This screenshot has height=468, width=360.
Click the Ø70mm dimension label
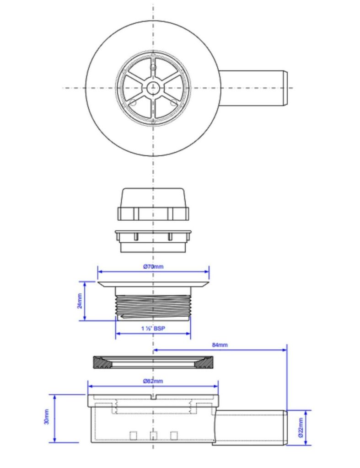coord(153,266)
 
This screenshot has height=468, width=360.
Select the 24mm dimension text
coord(80,301)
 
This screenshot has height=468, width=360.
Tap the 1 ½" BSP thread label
coord(153,328)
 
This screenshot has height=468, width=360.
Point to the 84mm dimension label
coord(220,345)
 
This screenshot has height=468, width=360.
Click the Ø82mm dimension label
coord(153,381)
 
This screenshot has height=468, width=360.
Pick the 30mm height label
coord(47,417)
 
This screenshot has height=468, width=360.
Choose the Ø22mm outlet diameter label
coord(301,427)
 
